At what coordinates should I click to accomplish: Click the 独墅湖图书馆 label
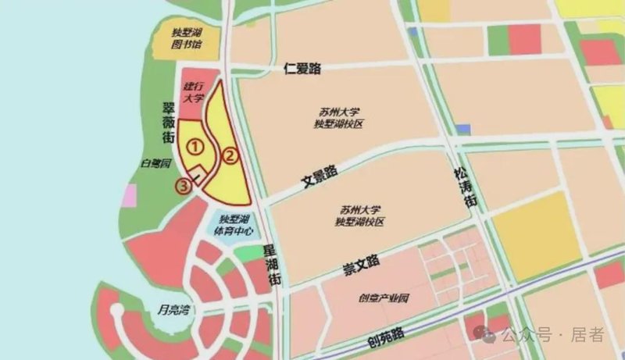coord(187,39)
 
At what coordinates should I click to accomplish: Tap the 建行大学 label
coord(193,93)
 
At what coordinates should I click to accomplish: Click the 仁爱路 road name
coord(303,70)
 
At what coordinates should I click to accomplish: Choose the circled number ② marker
coord(228,155)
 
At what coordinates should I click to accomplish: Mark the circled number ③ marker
coord(184,186)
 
